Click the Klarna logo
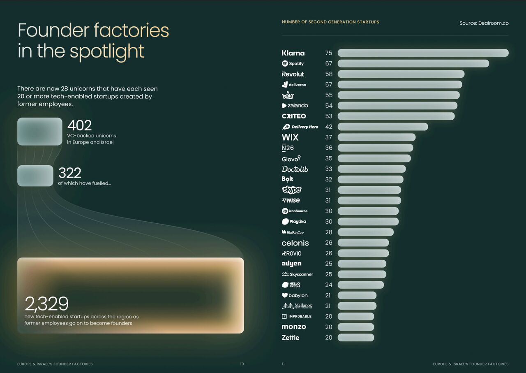[x=293, y=53]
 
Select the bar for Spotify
[x=413, y=63]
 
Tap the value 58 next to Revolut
[x=329, y=74]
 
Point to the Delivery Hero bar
[x=383, y=127]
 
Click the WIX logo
[x=290, y=137]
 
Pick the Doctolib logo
[x=295, y=169]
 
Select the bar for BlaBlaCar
[x=366, y=232]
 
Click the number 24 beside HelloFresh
[x=329, y=285]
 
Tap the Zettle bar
[x=356, y=338]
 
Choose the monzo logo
[x=294, y=327]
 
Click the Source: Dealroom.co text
[x=484, y=23]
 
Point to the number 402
[x=79, y=125]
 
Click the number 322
[x=70, y=173]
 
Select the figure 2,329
[x=46, y=303]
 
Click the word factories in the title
[x=131, y=30]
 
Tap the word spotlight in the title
[x=107, y=52]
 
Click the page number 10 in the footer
[x=242, y=364]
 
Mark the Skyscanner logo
[x=297, y=274]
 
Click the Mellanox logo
[x=297, y=306]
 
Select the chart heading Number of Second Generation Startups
[x=330, y=22]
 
